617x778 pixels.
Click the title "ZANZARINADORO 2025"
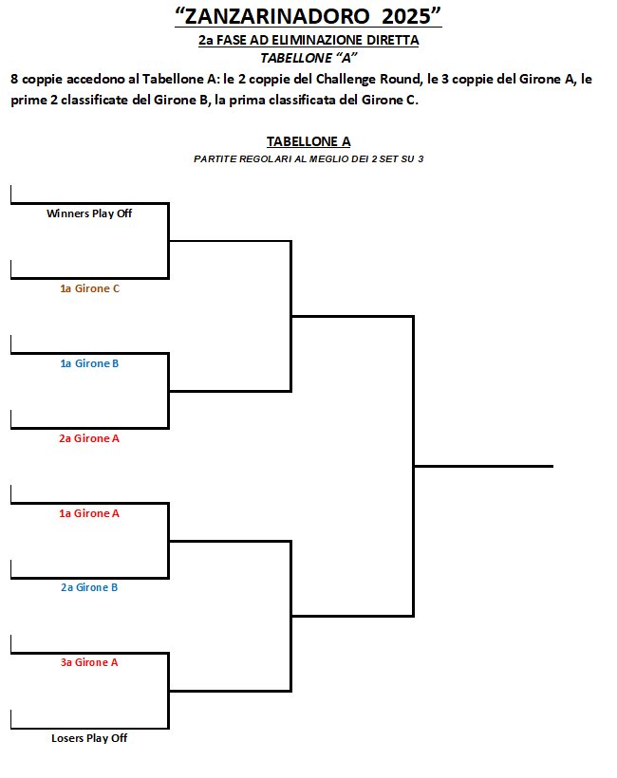pos(308,16)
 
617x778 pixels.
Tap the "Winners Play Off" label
pos(89,213)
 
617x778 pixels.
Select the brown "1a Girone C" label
pos(90,288)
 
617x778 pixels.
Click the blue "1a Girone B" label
pos(89,363)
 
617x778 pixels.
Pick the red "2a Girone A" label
pos(89,438)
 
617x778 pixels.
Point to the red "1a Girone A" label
pos(89,513)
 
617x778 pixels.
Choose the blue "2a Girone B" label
pos(89,587)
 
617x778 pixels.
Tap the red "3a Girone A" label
pos(89,662)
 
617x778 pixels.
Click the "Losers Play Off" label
pos(89,738)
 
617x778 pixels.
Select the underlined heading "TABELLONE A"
pos(308,141)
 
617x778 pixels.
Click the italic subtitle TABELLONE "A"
pos(308,58)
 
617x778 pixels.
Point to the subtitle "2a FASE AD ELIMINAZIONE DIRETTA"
pos(308,40)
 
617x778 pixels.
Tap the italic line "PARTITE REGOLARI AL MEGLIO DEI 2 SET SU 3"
pos(308,159)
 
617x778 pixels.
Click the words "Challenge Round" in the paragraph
pos(367,80)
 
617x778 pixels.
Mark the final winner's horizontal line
pos(483,466)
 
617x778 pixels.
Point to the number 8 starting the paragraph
pos(14,80)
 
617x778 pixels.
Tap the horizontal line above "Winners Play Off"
pos(90,203)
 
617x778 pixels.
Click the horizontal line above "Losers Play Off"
pos(90,728)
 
